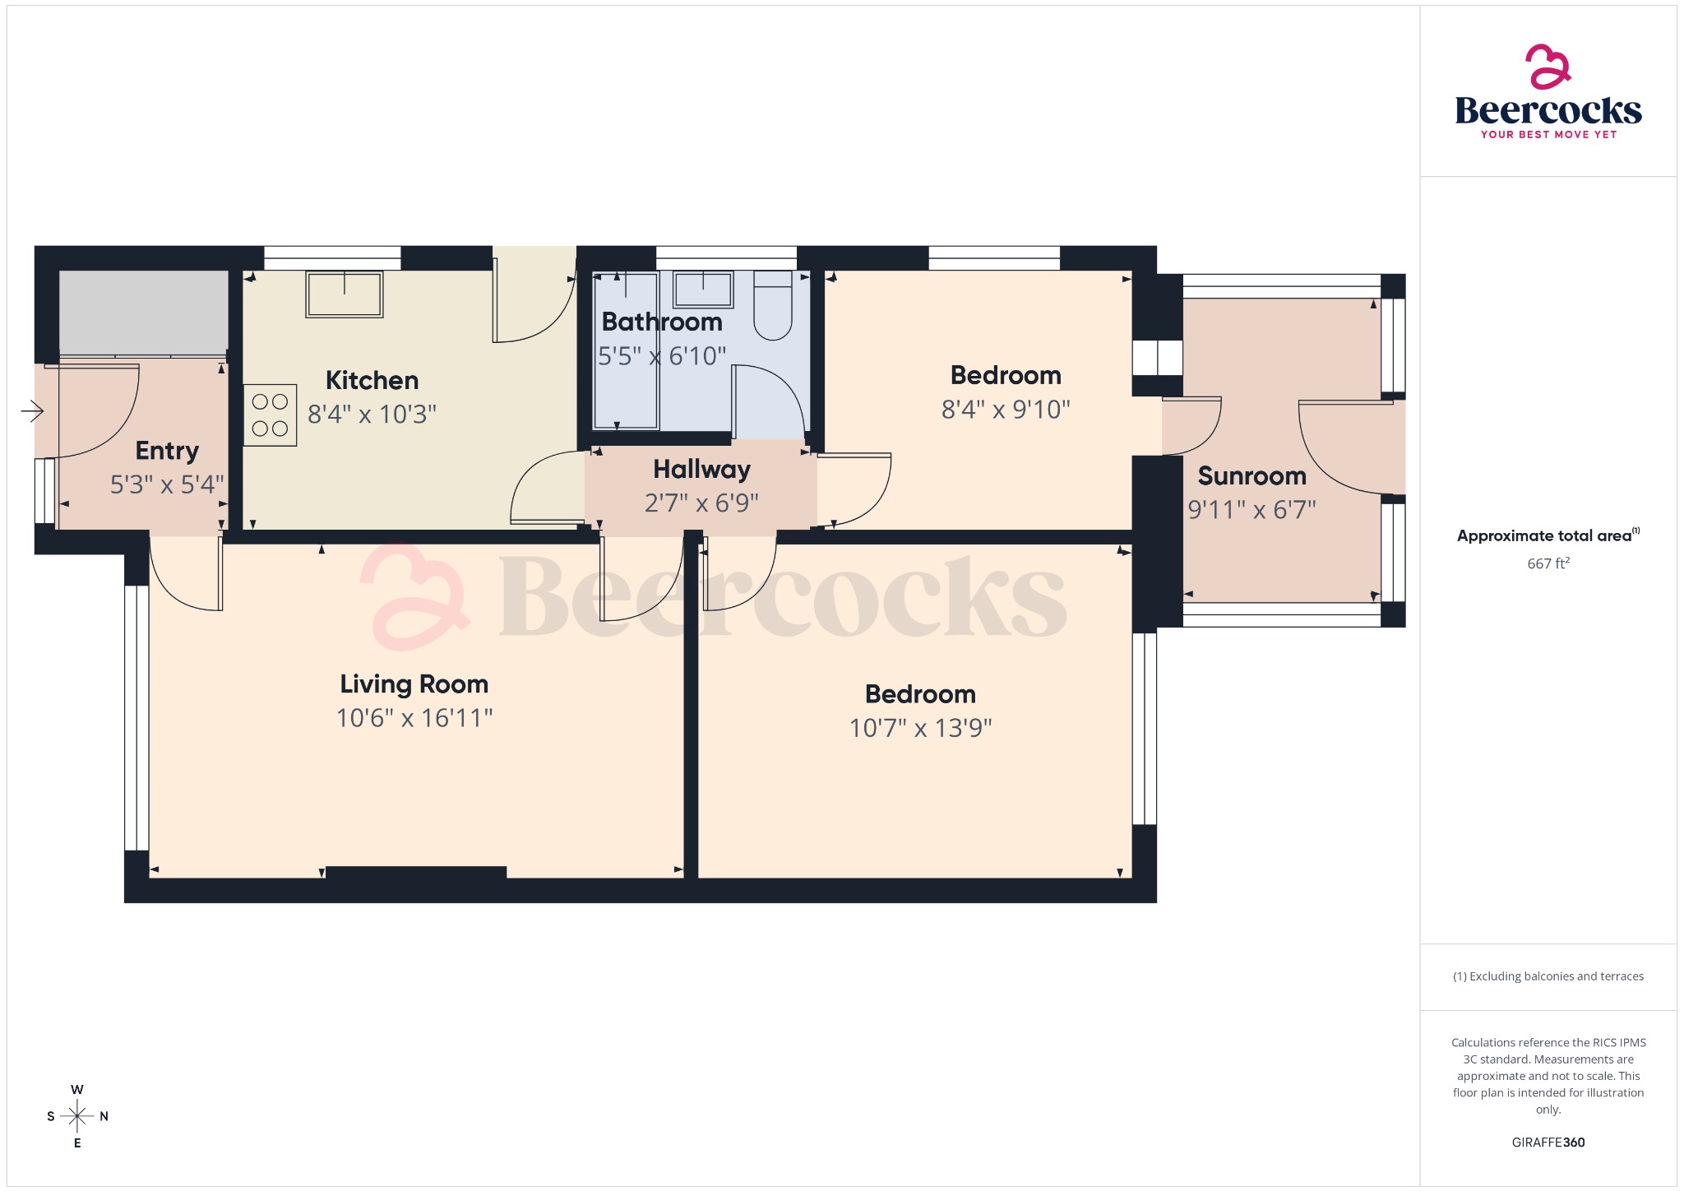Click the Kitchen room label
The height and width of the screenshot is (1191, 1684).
(x=372, y=380)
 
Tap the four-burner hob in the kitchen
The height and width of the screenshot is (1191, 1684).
(x=270, y=415)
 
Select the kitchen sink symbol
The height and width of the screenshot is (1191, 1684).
(x=344, y=294)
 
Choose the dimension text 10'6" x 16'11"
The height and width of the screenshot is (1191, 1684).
(x=414, y=718)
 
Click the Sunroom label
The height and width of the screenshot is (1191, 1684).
(x=1251, y=475)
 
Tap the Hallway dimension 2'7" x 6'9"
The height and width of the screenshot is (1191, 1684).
(x=701, y=503)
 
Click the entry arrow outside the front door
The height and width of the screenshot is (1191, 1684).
(x=32, y=410)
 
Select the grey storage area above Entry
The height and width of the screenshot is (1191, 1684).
(x=144, y=312)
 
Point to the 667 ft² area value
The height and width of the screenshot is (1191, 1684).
(x=1548, y=563)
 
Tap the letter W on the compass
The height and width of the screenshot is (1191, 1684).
(x=77, y=1090)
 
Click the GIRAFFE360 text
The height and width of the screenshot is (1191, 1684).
(x=1548, y=1142)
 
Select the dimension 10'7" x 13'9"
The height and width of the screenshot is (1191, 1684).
(x=920, y=728)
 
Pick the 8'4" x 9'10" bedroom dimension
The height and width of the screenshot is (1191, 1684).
(x=1005, y=409)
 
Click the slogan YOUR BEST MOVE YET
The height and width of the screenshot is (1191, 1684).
(x=1548, y=134)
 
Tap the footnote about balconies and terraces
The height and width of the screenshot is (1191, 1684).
(x=1548, y=976)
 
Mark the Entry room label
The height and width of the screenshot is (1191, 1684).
(x=167, y=451)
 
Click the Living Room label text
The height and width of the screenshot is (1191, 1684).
(x=414, y=684)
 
